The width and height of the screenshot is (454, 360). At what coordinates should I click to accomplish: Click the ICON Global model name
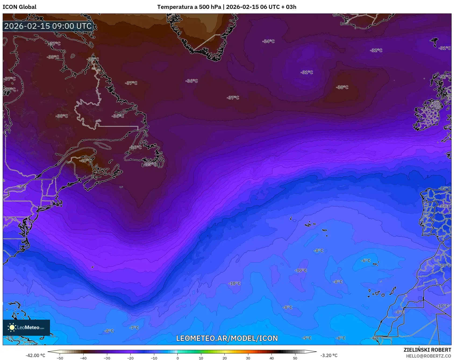tap(19, 7)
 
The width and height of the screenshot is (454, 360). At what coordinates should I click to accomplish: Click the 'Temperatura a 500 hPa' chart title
tap(189, 7)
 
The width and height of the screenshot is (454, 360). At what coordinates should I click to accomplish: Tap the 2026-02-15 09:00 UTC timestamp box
tap(48, 26)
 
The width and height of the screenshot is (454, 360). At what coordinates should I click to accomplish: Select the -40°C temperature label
tap(85, 161)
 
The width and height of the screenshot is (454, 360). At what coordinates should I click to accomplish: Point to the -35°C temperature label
tap(150, 164)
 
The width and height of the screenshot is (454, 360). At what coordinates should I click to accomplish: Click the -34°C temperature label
tap(268, 41)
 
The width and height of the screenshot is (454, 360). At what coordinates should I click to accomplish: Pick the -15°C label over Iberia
tap(445, 188)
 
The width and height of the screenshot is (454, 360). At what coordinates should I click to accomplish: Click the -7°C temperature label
tap(134, 328)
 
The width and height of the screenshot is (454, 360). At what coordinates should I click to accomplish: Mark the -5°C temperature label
tap(306, 338)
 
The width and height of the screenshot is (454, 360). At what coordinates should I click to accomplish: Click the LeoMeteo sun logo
tap(12, 327)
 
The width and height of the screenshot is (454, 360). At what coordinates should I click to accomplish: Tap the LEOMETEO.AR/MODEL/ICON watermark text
tap(227, 338)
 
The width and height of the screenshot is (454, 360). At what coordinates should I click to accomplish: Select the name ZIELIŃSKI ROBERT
tap(427, 350)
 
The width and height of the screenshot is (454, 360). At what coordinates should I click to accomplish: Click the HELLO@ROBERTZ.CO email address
tap(428, 356)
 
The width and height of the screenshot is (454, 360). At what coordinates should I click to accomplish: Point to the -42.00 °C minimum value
tap(35, 355)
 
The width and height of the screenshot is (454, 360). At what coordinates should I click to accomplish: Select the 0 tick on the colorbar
tap(177, 358)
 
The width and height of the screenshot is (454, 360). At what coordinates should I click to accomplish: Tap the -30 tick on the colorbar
tap(107, 358)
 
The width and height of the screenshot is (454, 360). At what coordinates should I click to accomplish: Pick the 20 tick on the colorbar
tap(224, 358)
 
